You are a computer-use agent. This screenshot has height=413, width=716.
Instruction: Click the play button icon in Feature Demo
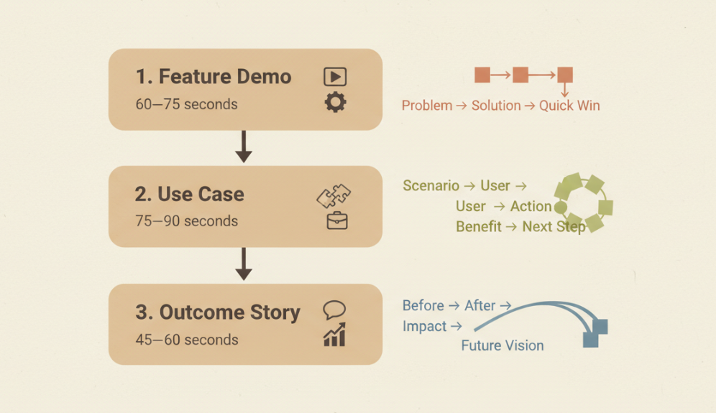coord(335,77)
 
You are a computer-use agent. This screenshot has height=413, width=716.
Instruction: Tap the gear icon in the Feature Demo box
coord(335,103)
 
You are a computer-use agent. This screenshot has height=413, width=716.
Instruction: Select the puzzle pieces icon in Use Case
coord(334,196)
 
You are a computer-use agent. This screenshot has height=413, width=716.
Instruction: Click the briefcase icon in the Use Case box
coord(336,221)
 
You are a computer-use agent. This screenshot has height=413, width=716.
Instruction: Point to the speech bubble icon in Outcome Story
coord(334,310)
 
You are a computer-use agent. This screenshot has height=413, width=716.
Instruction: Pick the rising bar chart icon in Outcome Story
coord(334,335)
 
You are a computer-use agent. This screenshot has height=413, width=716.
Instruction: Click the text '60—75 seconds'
coord(186,104)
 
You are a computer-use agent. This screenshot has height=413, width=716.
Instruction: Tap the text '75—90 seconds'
coord(186,221)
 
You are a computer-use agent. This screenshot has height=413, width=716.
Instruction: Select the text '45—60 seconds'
coord(186,339)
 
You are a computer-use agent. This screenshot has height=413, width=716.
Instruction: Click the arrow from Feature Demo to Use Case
coord(244,147)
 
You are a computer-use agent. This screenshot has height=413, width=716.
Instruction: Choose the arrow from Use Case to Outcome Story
coord(244,264)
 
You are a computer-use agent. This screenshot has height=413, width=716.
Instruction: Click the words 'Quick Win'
coord(569,106)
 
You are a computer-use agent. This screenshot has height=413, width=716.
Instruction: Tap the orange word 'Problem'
coord(427,106)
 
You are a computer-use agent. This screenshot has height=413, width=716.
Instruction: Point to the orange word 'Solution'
coord(496,106)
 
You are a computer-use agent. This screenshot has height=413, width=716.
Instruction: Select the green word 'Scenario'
coord(431,186)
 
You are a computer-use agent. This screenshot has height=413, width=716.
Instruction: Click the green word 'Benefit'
coord(478,226)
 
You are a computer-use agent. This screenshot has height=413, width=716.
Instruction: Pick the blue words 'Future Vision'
coord(502,345)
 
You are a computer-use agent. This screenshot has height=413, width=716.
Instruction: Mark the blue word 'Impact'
coord(424,326)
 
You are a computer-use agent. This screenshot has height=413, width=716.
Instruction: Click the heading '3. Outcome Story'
coord(218,312)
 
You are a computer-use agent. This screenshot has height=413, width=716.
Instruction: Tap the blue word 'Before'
coord(423,305)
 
